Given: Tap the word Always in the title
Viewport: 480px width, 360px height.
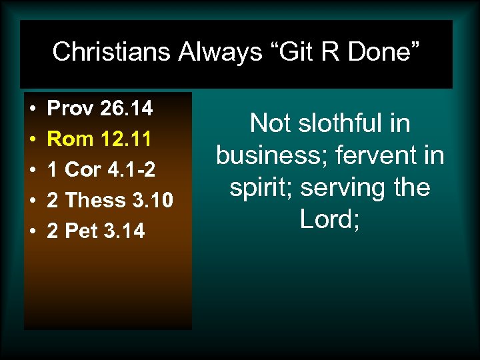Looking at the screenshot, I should click(x=221, y=51).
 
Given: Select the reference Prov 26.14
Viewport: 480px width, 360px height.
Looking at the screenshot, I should click(x=100, y=107).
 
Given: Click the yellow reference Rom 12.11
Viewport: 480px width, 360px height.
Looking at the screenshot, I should click(x=100, y=139).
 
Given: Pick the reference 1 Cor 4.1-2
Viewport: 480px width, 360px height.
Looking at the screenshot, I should click(x=101, y=169).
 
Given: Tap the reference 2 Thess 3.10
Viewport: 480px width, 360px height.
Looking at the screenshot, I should click(x=110, y=200).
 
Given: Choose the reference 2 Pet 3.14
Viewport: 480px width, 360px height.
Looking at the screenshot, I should click(x=96, y=231).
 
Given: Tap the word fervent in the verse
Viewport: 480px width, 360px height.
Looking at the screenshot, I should click(x=377, y=155).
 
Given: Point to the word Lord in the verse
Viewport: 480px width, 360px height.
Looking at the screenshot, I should click(x=326, y=219).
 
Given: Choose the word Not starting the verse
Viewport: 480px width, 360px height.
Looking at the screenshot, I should click(x=270, y=123).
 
